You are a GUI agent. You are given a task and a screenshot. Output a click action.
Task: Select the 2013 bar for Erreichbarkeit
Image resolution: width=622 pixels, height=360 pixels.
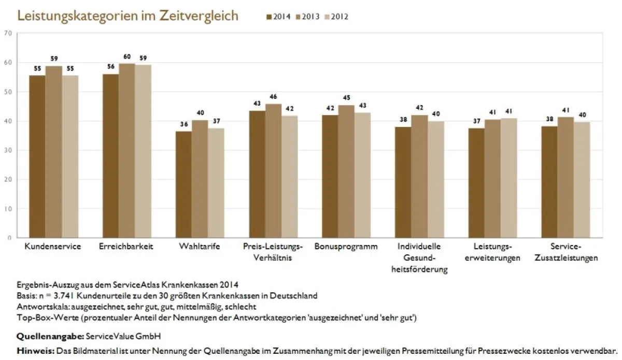[x=126, y=150]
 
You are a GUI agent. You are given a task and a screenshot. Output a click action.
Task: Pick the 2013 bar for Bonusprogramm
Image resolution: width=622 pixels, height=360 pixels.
[x=346, y=171]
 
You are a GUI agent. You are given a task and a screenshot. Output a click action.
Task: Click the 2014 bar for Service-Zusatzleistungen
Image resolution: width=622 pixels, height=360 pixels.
[x=549, y=182]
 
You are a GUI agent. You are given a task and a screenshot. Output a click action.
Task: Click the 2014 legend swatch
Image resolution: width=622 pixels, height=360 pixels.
[x=269, y=17]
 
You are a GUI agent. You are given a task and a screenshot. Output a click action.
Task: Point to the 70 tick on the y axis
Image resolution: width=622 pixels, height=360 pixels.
[x=7, y=33]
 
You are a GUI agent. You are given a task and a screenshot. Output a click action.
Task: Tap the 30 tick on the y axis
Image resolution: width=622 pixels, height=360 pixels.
[x=7, y=150]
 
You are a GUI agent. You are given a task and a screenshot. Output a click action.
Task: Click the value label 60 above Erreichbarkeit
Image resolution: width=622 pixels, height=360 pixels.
[x=126, y=56]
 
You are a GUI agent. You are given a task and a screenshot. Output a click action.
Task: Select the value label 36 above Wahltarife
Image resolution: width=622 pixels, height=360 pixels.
[x=184, y=124]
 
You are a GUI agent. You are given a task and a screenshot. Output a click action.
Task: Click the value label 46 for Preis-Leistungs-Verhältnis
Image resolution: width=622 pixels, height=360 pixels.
[x=274, y=97]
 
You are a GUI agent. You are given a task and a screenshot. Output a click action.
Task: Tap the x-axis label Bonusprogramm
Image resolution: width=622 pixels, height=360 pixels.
[x=346, y=247]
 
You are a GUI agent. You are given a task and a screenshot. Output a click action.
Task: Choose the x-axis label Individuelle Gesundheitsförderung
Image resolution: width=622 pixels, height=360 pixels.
[x=419, y=258]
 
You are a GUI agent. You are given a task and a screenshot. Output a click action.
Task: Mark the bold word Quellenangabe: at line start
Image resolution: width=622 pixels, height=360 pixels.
[x=50, y=336]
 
